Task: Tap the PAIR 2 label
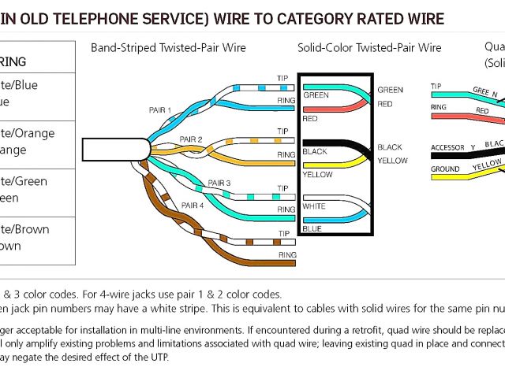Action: tap(191, 139)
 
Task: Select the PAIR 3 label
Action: tap(219, 183)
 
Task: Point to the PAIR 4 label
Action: tap(193, 205)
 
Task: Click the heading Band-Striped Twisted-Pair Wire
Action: tap(168, 48)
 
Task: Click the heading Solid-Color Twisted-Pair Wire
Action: tap(369, 48)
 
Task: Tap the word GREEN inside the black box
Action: tap(316, 95)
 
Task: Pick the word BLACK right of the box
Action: tap(389, 147)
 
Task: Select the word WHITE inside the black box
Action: tap(313, 206)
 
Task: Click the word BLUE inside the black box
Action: tap(311, 228)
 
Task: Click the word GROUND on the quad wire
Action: tap(445, 169)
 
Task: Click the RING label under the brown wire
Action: tap(287, 255)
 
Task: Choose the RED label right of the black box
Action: tap(384, 104)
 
